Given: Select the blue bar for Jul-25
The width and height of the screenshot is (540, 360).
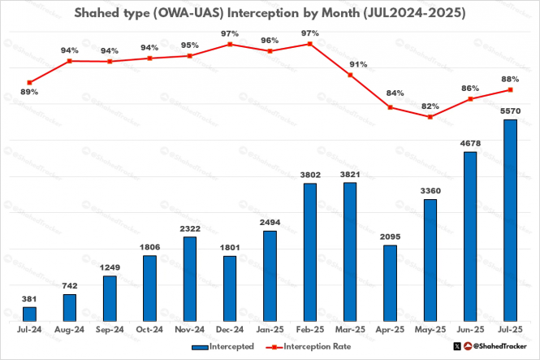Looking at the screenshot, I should click(509, 219).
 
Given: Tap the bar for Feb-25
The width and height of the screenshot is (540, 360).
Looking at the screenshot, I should click(309, 251).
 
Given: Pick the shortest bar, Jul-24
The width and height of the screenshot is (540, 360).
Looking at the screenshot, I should click(29, 313).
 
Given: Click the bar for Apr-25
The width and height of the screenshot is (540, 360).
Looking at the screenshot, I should click(390, 282).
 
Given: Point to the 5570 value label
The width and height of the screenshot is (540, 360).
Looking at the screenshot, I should click(510, 111).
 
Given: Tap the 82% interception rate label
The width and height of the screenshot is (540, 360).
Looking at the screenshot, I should click(430, 106).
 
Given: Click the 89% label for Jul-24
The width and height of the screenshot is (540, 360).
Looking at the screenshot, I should click(29, 93).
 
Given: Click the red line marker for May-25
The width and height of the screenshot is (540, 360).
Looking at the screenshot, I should click(430, 117).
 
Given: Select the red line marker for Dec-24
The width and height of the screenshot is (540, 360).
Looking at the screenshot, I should click(230, 44).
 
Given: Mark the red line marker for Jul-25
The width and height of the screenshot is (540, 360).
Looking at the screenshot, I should click(509, 89).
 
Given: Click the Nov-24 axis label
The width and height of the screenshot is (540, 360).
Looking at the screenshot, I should click(189, 331).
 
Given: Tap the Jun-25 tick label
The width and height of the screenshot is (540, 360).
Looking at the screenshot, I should click(469, 331).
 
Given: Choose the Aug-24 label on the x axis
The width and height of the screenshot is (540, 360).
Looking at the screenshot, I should click(69, 331).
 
